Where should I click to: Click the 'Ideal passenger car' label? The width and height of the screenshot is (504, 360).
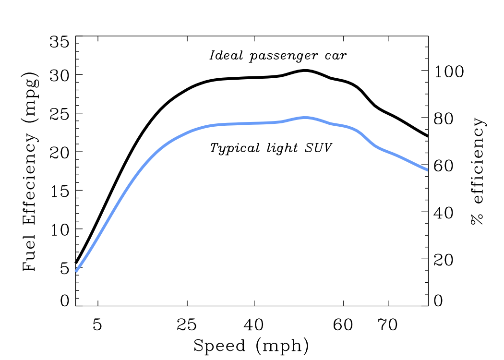click(x=278, y=56)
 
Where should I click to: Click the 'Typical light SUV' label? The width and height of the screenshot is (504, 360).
click(x=271, y=148)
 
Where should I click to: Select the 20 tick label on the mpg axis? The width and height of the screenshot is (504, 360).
click(x=59, y=152)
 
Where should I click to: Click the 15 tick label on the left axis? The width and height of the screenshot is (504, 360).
click(x=59, y=191)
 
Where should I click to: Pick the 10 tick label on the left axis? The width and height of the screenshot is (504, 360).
click(x=59, y=229)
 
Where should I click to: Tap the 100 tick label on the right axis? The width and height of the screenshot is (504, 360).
click(x=450, y=72)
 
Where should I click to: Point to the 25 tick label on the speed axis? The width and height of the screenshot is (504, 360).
click(x=187, y=325)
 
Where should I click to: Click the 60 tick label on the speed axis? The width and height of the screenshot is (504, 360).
click(x=344, y=325)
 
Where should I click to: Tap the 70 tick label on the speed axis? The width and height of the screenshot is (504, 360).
click(x=388, y=325)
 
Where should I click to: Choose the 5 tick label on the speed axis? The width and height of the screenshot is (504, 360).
click(x=98, y=325)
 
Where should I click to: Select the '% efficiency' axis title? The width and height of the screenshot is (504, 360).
click(x=478, y=172)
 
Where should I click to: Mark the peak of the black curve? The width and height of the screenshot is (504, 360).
click(x=305, y=71)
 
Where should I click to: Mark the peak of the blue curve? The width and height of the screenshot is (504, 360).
click(x=305, y=117)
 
